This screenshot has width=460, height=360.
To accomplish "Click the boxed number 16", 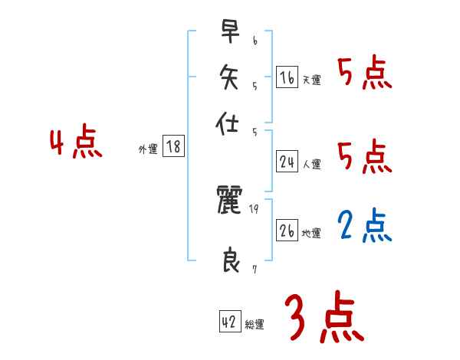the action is tap(287, 77).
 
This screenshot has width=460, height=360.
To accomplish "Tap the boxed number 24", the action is tap(287, 162).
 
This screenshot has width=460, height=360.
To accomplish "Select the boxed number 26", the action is tap(287, 231).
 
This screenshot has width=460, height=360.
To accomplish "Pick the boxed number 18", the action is tap(174, 147).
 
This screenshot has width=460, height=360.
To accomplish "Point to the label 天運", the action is tap(312, 80).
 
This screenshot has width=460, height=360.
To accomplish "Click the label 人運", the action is tap(312, 164).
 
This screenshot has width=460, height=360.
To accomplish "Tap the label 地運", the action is tap(312, 234).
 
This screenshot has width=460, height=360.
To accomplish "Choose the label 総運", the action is tap(255, 325).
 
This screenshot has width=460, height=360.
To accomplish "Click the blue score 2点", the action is tap(364, 226).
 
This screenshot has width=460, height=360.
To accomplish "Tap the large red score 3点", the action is tap(324, 317).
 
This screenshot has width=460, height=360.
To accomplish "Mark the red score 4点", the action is tap(75, 144).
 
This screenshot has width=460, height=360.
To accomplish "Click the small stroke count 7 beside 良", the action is tap(254, 269).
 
